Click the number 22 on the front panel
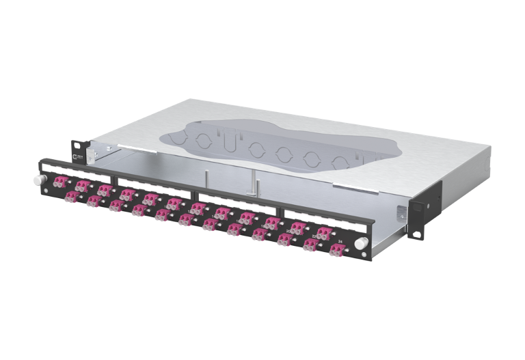314,236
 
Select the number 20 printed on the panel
290,230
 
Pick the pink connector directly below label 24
335,250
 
